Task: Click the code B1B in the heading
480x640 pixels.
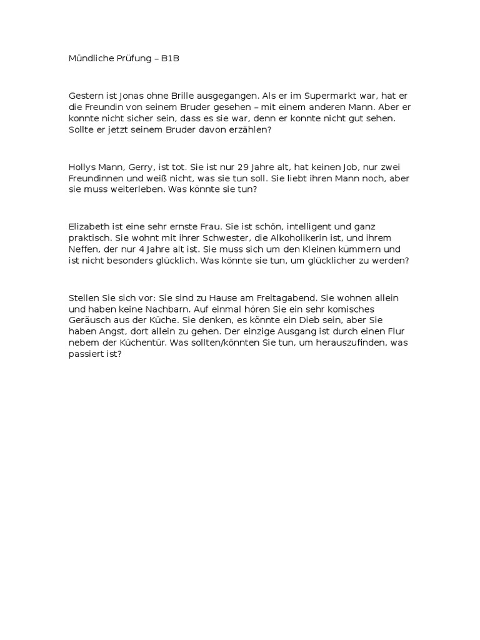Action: point(169,59)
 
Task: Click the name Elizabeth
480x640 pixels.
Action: point(90,226)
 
